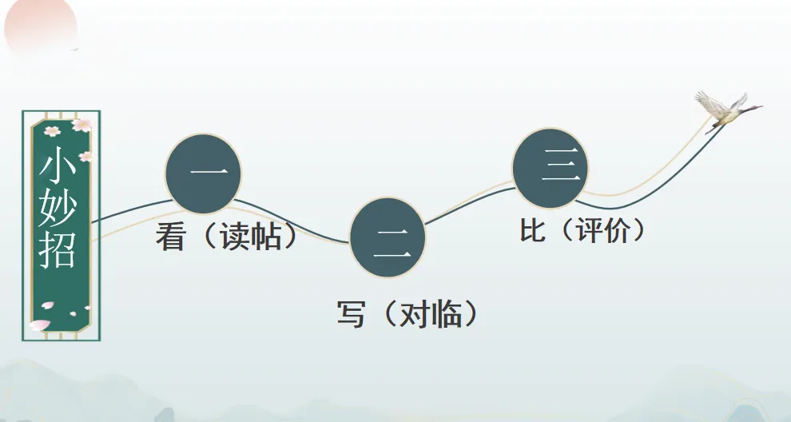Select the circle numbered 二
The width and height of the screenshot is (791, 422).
388,237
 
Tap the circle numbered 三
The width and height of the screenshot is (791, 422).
551,169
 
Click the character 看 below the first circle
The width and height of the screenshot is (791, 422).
170,237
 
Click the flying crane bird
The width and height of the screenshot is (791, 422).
725,110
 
